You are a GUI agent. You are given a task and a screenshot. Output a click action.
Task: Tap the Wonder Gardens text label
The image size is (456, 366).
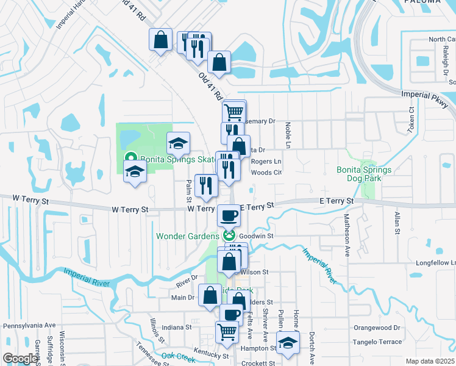tap(187, 236)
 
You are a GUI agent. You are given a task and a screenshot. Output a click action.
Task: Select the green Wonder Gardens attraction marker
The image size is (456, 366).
tap(229, 235)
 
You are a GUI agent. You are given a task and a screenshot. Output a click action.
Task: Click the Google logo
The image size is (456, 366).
tap(20, 359)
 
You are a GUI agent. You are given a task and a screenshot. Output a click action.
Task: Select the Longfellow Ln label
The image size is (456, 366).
tap(435, 263)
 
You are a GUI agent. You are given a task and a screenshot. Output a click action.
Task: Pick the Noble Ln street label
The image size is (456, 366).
tap(288, 135)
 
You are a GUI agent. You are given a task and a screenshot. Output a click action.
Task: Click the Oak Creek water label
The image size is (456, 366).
tap(177, 356)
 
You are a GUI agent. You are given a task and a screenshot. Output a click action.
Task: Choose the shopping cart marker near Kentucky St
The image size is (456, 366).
tap(227, 332)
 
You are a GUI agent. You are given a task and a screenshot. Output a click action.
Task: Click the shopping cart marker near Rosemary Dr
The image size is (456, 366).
tap(233, 112)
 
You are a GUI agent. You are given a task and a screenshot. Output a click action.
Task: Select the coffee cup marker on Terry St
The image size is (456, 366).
tap(229, 215)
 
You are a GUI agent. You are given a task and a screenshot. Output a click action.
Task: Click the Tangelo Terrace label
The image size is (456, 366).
tap(378, 342)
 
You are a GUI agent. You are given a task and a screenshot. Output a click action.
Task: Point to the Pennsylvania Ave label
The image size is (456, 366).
tap(29, 326)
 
